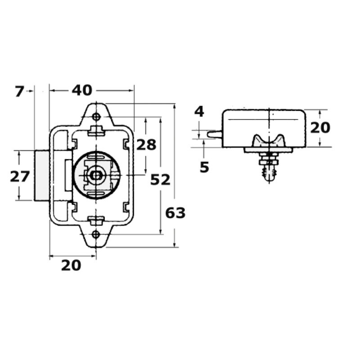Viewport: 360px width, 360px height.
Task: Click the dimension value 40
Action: click(x=82, y=90)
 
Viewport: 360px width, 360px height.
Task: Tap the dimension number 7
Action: click(x=19, y=92)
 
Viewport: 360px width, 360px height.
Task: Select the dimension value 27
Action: click(x=20, y=176)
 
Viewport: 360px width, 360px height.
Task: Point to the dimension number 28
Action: click(x=146, y=145)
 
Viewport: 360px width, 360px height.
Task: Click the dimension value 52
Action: click(x=160, y=180)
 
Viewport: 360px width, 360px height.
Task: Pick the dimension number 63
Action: click(x=175, y=213)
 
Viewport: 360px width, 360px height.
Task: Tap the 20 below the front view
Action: click(x=71, y=265)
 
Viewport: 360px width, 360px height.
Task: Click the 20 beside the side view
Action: click(x=320, y=128)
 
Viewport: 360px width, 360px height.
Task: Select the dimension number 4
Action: click(x=199, y=112)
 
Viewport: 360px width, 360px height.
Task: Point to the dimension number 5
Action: click(x=204, y=167)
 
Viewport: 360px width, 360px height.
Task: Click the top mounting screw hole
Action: click(x=96, y=117)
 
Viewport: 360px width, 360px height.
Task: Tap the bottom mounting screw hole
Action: click(x=96, y=234)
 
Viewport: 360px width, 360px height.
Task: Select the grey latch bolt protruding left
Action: click(x=41, y=175)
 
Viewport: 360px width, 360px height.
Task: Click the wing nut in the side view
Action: click(x=269, y=141)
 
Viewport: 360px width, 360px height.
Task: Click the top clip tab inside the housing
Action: click(x=96, y=131)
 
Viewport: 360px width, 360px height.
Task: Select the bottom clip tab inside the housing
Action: click(x=96, y=220)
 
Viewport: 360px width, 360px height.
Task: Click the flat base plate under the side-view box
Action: click(x=269, y=150)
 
